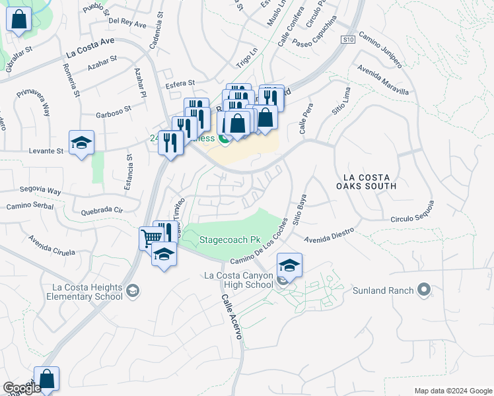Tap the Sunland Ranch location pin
click(424, 290)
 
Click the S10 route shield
click(349, 40)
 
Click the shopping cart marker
click(151, 238)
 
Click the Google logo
click(21, 388)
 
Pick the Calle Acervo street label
click(231, 317)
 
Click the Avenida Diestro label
click(330, 234)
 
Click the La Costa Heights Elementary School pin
click(133, 291)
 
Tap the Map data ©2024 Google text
click(453, 390)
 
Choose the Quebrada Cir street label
click(102, 211)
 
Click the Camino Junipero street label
click(380, 51)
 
